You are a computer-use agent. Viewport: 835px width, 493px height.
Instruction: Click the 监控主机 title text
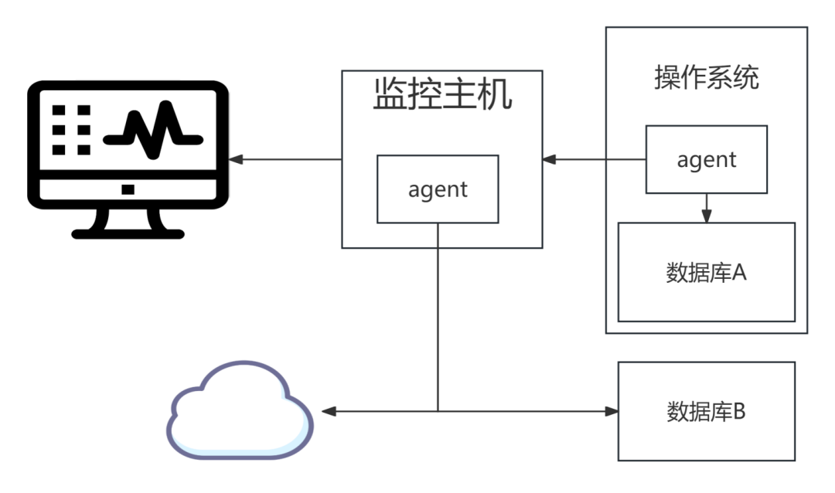click(442, 94)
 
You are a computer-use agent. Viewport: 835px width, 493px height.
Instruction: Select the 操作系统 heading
click(707, 78)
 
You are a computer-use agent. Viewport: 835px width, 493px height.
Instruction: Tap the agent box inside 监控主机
click(438, 189)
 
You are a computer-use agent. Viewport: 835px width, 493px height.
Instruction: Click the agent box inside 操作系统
click(707, 159)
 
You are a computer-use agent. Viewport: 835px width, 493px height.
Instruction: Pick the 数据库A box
click(707, 272)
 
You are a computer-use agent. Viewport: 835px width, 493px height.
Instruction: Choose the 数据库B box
click(707, 411)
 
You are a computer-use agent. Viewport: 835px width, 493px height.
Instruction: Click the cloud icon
click(240, 410)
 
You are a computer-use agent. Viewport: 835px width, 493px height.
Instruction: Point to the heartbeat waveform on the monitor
click(153, 131)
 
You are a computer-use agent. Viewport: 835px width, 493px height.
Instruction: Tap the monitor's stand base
click(128, 233)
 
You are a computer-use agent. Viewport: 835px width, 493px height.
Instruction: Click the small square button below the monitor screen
click(128, 189)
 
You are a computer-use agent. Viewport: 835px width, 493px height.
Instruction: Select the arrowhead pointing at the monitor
click(236, 159)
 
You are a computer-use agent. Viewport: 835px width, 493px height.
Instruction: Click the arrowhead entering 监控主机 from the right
click(549, 159)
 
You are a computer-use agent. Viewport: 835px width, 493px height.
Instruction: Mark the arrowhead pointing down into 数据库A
click(707, 216)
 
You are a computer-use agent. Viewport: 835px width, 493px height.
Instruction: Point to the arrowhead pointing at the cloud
click(329, 411)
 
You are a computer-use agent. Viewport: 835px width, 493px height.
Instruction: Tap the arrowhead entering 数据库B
click(612, 411)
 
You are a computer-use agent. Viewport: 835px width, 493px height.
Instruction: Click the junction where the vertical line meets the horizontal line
click(438, 411)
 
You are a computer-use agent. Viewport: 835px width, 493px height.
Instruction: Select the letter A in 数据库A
click(739, 273)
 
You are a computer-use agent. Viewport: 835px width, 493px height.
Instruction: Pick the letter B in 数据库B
click(739, 412)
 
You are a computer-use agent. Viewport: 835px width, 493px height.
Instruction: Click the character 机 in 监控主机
click(496, 94)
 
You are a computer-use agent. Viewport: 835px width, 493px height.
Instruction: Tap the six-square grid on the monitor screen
click(71, 130)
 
